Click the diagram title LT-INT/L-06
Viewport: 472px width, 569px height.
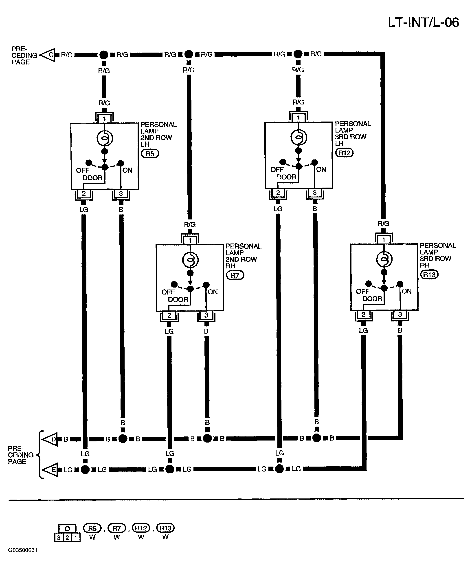click(423, 22)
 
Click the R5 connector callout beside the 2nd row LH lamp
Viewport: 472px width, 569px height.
click(150, 154)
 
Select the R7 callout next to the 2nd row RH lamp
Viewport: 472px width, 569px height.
click(235, 275)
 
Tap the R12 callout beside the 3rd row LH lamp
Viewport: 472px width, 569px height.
click(344, 153)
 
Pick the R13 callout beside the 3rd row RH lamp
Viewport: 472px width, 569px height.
click(429, 275)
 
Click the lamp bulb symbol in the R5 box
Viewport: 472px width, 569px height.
click(105, 138)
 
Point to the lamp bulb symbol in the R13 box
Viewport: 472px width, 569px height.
click(384, 259)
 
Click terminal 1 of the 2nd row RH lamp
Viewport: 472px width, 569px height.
click(190, 240)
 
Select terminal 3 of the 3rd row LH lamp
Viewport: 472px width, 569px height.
click(315, 193)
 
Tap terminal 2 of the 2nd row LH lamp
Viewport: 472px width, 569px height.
click(84, 193)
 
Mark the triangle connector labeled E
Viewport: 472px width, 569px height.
click(50, 469)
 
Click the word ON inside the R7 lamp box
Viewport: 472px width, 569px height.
click(213, 292)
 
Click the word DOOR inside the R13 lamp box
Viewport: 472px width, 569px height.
click(372, 299)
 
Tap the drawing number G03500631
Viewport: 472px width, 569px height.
click(23, 550)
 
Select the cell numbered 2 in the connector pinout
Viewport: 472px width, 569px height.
click(67, 538)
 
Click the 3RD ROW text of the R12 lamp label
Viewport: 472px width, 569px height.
click(351, 137)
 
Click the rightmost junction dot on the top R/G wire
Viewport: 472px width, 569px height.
click(298, 54)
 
